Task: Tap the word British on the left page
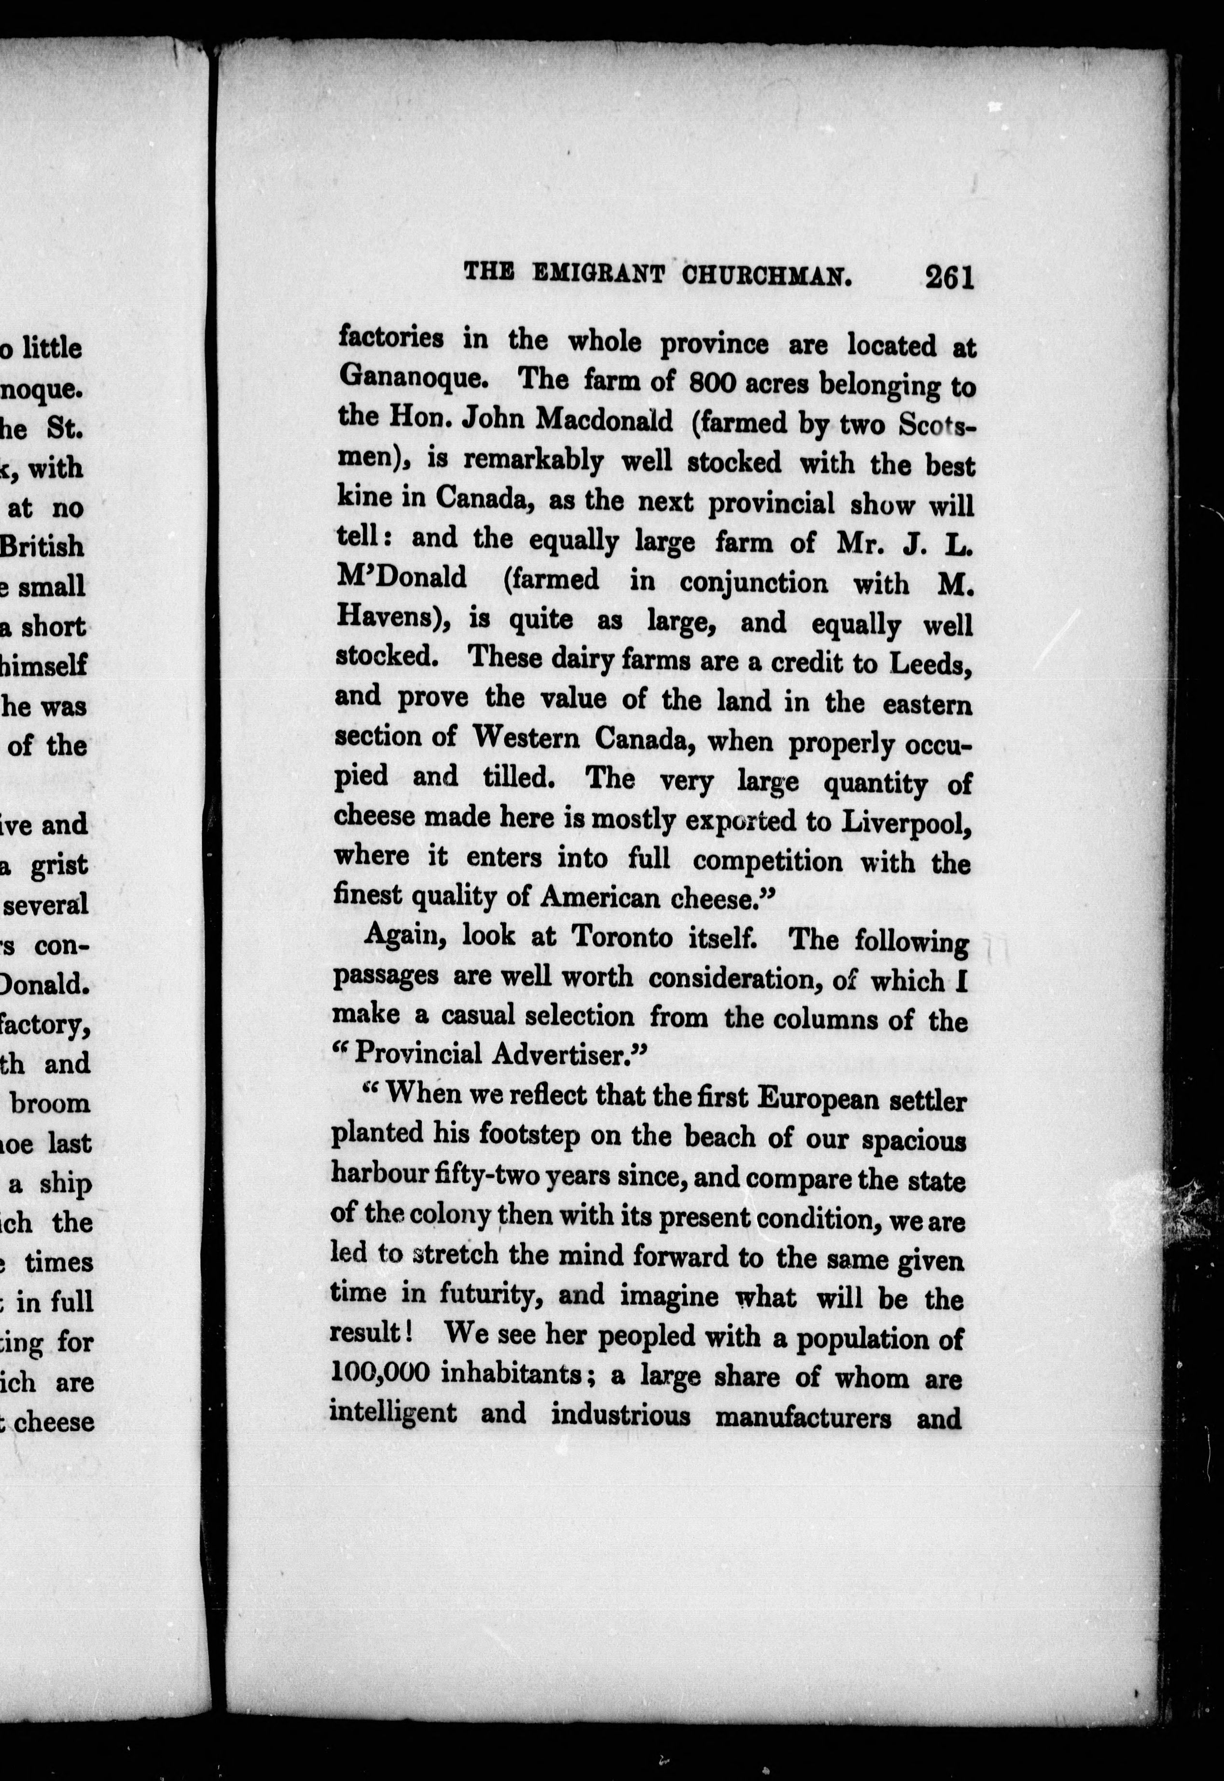pos(42,546)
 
